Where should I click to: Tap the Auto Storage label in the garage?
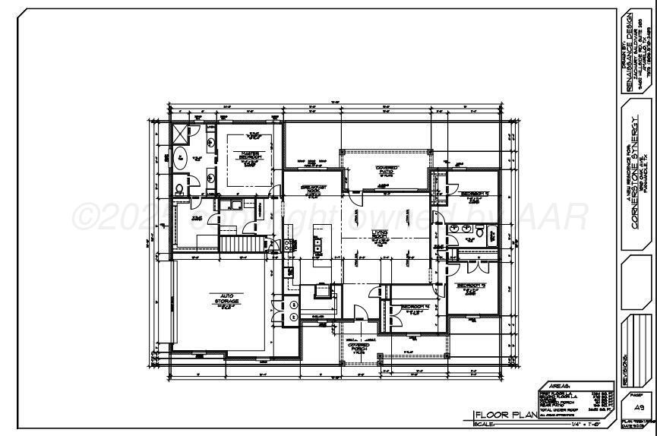[226, 299]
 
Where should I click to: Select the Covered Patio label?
[387, 170]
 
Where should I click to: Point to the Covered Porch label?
[359, 346]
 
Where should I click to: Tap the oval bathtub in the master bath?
[182, 159]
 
